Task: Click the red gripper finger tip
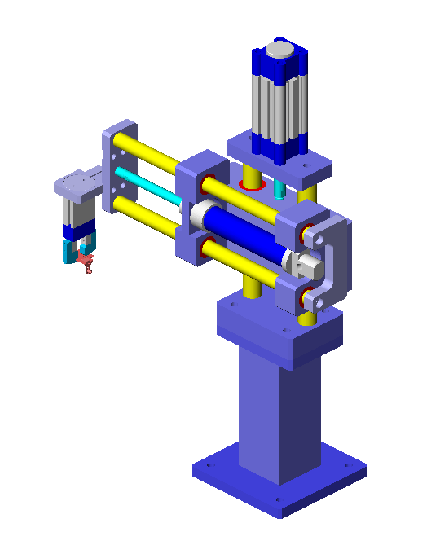[88, 262]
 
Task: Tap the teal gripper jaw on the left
[67, 250]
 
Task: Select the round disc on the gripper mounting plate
[78, 180]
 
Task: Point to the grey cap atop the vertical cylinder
[279, 50]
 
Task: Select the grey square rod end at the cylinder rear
[307, 264]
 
